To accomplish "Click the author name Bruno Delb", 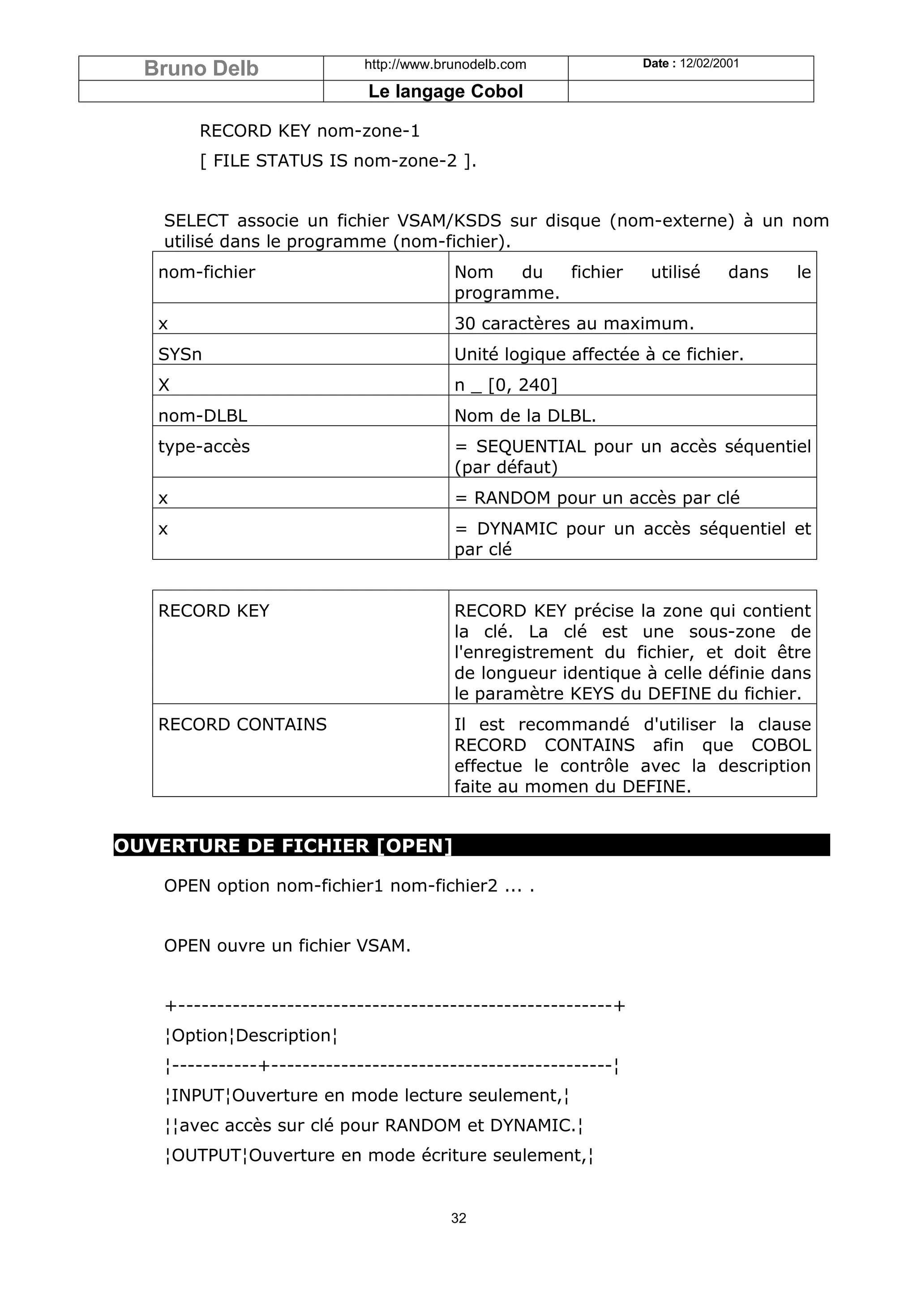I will [201, 68].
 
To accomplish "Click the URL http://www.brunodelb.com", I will [445, 64].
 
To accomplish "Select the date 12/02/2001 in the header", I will [709, 63].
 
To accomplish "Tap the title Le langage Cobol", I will [445, 91].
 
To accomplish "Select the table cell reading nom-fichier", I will [207, 272].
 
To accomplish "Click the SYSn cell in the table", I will [180, 354].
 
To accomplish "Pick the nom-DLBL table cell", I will [202, 416].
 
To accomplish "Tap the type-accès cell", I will [203, 446].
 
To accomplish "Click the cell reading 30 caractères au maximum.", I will [574, 324].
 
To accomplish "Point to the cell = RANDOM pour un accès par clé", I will [597, 498].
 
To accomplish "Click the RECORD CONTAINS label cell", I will [242, 724].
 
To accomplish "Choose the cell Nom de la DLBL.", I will [525, 416].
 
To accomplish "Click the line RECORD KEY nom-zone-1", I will [309, 131].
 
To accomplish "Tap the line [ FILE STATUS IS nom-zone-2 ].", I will [338, 161].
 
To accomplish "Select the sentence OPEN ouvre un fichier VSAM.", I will [287, 946].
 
